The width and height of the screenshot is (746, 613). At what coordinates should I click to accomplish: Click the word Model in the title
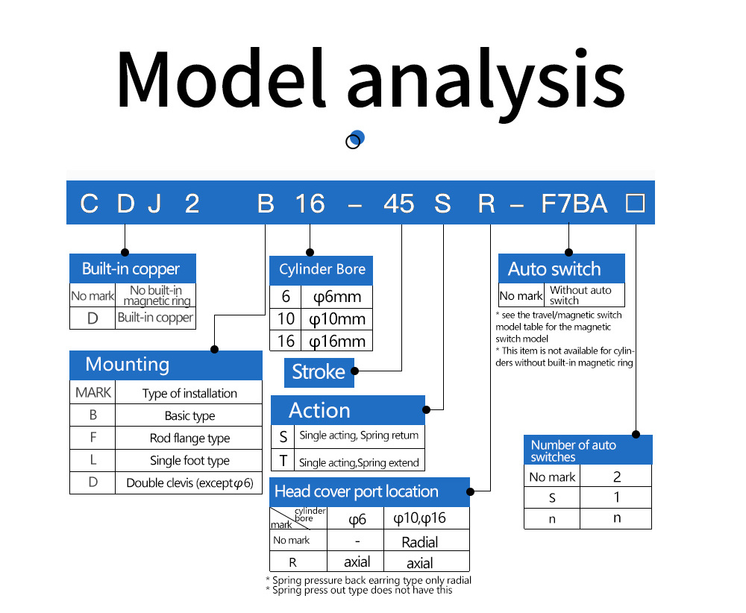222,78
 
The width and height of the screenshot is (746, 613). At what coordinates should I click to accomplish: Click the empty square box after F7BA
635,203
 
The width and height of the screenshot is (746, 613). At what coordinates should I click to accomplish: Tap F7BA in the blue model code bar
574,204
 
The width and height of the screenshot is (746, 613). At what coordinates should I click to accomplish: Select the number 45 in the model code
398,204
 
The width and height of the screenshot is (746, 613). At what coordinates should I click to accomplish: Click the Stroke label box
319,372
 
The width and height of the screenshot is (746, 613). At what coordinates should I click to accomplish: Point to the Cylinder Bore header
321,270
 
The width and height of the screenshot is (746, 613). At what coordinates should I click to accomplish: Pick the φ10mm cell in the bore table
337,318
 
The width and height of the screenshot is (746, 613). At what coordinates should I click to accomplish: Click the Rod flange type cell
189,438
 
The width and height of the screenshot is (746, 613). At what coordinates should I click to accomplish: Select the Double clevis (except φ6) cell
189,483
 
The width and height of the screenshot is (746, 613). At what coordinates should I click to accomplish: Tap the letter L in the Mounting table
93,460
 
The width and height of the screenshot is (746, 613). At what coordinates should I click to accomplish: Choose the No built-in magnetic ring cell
156,295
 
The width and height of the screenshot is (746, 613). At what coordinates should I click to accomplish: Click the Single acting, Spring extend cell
360,462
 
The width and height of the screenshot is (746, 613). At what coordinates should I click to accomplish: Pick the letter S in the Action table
283,436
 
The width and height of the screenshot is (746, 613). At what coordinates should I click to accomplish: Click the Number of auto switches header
588,450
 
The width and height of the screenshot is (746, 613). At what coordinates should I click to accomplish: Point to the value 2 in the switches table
617,477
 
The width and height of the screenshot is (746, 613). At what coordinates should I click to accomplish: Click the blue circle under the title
357,137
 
